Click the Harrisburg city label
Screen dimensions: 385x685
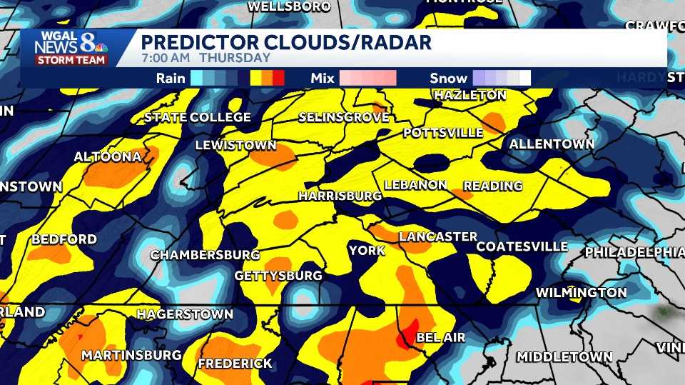(340, 196)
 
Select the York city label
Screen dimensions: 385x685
(367, 251)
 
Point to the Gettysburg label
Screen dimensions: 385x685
(278, 276)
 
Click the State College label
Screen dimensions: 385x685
(198, 117)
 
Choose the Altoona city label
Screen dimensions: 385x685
(107, 156)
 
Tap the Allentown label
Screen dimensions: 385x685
(552, 144)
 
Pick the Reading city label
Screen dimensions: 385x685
(492, 186)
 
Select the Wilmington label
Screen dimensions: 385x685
(581, 293)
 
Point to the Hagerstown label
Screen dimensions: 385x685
(185, 314)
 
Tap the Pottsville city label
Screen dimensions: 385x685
(443, 133)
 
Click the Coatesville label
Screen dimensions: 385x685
(522, 247)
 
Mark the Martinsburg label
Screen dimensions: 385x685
(126, 355)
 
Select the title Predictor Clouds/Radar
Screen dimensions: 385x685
(286, 42)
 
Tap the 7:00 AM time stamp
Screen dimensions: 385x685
(166, 58)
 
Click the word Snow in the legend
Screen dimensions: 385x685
(449, 78)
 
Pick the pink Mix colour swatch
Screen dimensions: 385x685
(367, 78)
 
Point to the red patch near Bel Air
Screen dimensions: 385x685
(409, 334)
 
